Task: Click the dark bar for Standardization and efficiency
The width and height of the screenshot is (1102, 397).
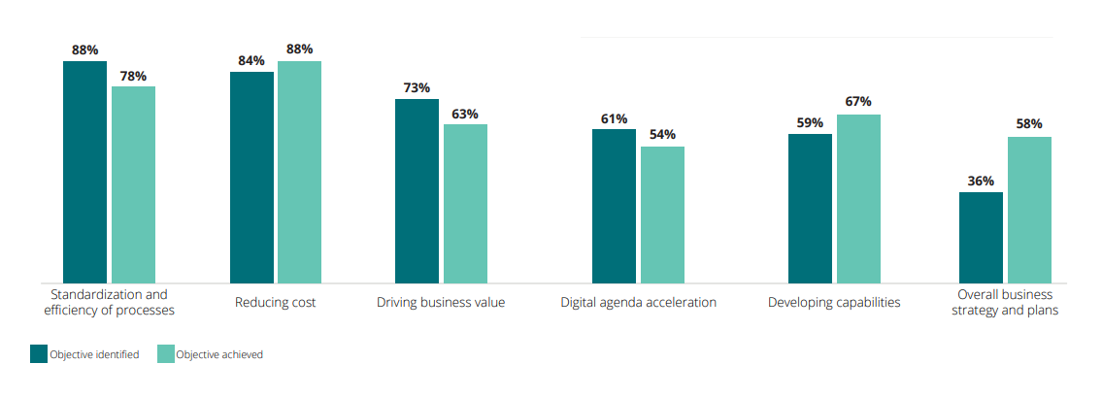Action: [x=84, y=172]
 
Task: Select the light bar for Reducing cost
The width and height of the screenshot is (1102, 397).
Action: [x=299, y=172]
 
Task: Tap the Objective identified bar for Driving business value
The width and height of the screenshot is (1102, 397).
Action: [x=417, y=190]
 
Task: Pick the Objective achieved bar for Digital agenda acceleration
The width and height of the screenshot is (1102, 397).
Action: [x=662, y=215]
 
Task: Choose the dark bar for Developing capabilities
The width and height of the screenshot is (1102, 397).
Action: [x=810, y=208]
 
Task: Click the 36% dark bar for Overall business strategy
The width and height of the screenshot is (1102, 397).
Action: [x=981, y=237]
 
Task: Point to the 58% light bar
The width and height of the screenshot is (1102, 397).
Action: [x=1029, y=210]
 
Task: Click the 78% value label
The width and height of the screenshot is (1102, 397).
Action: [x=133, y=76]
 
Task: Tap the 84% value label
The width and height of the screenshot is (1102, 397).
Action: [x=251, y=61]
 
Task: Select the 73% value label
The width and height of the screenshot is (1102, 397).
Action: [x=417, y=88]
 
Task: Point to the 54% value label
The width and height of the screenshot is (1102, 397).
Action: [x=662, y=136]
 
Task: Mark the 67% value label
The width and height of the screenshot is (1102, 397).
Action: [x=858, y=102]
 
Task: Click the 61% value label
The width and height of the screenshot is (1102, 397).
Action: [x=614, y=119]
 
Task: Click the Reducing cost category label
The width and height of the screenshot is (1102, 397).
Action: [x=275, y=303]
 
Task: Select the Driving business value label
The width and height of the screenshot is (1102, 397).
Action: [x=441, y=303]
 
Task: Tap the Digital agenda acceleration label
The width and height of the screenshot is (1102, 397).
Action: [x=638, y=303]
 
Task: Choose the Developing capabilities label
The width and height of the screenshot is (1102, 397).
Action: [x=834, y=303]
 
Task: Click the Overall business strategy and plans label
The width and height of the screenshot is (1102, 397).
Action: [x=1005, y=303]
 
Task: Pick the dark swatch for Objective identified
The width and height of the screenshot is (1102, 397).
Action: [x=39, y=354]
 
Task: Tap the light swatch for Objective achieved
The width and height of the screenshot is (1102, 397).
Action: [x=165, y=354]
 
